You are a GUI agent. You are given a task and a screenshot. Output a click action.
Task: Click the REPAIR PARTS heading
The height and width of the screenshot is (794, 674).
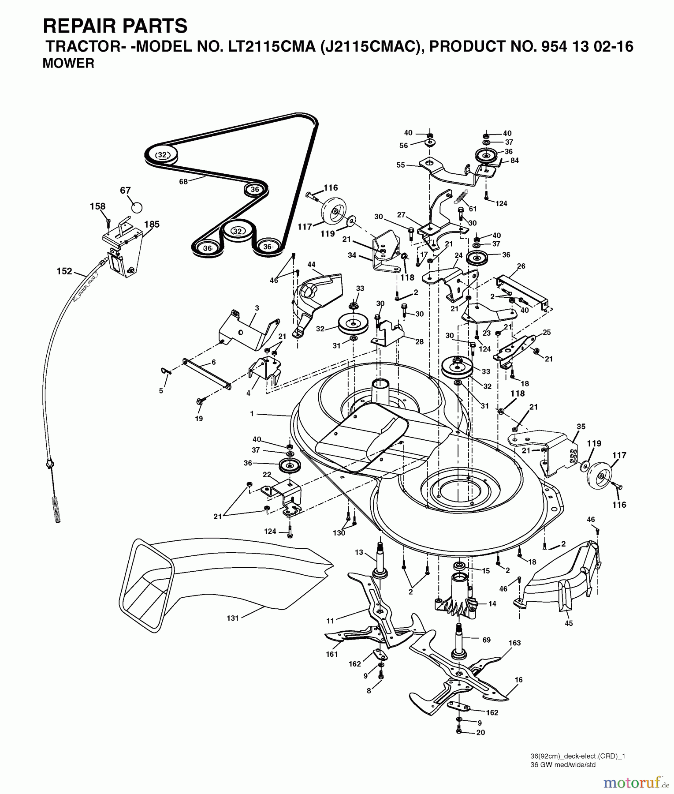115,26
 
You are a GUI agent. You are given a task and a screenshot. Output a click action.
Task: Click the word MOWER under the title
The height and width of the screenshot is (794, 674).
68,64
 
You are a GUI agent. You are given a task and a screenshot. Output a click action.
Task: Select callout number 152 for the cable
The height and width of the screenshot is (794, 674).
64,271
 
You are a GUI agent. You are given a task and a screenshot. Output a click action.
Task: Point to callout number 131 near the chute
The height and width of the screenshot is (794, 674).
232,618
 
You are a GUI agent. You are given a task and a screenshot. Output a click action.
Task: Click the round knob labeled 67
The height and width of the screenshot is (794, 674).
137,207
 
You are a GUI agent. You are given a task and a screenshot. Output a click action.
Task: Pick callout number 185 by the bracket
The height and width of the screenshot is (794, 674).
152,224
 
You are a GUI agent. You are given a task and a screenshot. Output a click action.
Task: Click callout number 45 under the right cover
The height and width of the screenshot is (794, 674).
569,623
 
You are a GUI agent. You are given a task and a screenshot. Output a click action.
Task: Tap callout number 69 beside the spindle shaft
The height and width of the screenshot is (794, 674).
486,640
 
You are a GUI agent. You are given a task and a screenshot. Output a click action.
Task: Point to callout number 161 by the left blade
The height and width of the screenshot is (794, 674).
331,654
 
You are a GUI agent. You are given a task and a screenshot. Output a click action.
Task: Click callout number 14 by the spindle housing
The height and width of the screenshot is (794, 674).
492,603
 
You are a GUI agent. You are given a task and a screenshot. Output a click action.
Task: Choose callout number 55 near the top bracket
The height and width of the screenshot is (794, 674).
401,165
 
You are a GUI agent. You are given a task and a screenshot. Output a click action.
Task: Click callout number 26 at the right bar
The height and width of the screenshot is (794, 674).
521,266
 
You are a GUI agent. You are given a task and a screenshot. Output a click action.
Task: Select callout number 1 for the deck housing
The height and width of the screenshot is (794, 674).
252,414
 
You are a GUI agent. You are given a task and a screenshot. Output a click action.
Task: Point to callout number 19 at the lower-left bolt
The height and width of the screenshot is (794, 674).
199,419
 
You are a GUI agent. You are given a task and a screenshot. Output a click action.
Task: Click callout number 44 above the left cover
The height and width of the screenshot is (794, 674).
311,264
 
